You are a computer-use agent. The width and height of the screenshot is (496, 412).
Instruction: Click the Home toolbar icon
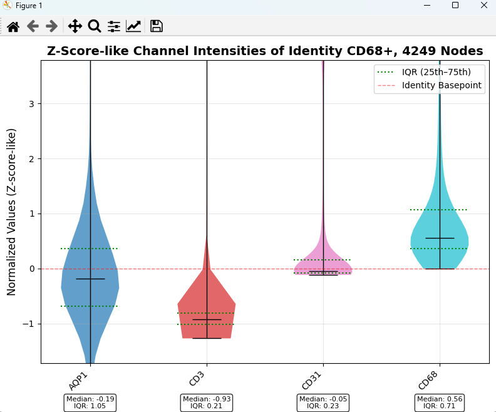click(13, 26)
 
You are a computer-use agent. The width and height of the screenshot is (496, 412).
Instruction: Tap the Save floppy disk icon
click(157, 26)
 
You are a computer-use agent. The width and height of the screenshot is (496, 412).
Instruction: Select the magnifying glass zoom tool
click(95, 26)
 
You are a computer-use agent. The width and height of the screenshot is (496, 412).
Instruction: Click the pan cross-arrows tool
click(75, 26)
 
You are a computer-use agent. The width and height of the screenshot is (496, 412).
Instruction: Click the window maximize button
click(455, 5)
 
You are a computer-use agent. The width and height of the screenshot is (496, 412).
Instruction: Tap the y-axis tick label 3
click(31, 104)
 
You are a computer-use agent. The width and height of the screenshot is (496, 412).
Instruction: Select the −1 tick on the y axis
click(28, 324)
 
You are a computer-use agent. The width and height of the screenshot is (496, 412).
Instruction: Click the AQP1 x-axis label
click(78, 381)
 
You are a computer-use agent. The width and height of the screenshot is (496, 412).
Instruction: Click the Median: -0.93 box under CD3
click(207, 403)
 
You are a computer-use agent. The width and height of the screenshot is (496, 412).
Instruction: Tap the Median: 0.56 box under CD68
click(440, 403)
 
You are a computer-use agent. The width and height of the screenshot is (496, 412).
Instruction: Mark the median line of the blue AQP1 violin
click(90, 279)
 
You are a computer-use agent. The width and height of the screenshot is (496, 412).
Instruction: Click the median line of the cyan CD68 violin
click(440, 238)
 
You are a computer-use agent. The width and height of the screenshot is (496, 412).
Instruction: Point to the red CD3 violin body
click(207, 310)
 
